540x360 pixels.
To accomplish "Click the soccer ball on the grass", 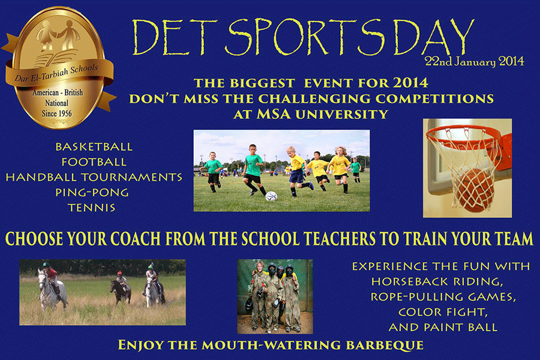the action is (x=271, y=196).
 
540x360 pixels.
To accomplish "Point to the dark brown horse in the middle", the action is (x=120, y=291).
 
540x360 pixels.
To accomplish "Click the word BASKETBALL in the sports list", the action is (x=94, y=147).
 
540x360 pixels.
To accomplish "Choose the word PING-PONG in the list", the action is (x=92, y=192).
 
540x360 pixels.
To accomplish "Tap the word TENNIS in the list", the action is (x=92, y=208).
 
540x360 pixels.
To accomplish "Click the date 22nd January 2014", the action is (x=474, y=61).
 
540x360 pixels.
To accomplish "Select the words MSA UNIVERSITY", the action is (x=322, y=115).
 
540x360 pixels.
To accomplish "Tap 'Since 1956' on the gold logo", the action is (x=57, y=113).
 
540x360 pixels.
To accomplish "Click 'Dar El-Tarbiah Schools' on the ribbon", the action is (x=56, y=73).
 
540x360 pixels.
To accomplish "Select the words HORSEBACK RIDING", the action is (x=437, y=282).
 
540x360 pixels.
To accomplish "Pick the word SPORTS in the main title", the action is (x=305, y=37).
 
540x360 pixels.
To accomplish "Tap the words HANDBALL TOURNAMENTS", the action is (x=94, y=177).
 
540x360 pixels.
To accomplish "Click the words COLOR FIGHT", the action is (x=443, y=312).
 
